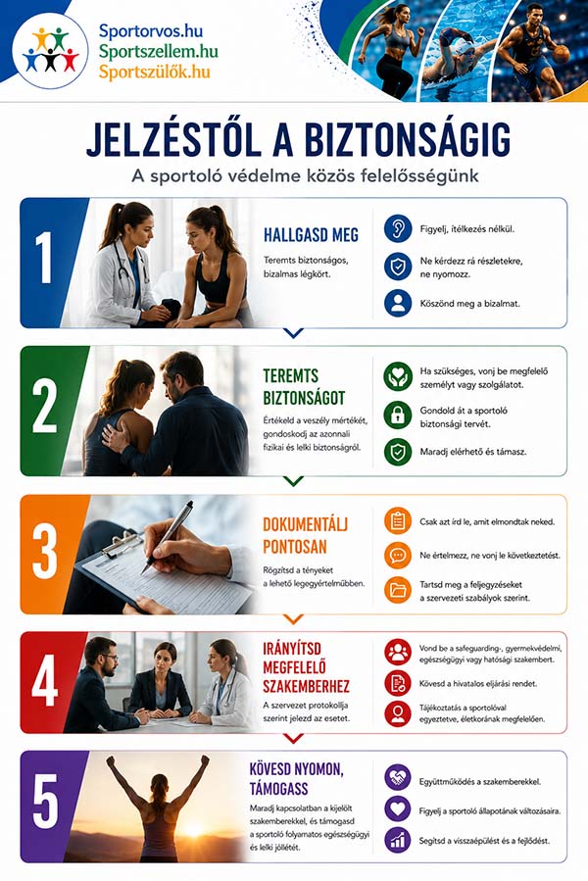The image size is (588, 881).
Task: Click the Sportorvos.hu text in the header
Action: tap(151, 31)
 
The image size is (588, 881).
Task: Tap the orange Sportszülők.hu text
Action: tap(155, 72)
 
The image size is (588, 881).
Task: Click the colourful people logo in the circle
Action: tap(51, 51)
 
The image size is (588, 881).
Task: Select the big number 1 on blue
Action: tap(44, 258)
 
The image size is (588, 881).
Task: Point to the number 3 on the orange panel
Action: tap(44, 554)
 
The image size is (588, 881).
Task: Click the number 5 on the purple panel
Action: tap(45, 802)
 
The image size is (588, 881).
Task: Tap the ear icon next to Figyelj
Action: tap(398, 228)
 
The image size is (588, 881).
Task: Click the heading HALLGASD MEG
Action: tap(311, 235)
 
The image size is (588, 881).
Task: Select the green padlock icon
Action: tap(398, 415)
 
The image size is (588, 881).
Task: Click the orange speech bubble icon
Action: tap(398, 555)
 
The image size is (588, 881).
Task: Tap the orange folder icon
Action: tap(398, 591)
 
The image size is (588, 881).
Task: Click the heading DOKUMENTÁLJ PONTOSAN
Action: tap(305, 535)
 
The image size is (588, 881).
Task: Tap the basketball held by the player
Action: tap(561, 55)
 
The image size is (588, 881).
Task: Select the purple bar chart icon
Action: tap(398, 840)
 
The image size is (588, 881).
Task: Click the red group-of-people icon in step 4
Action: tap(398, 653)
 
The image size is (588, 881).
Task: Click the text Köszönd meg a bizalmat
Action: tap(470, 304)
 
